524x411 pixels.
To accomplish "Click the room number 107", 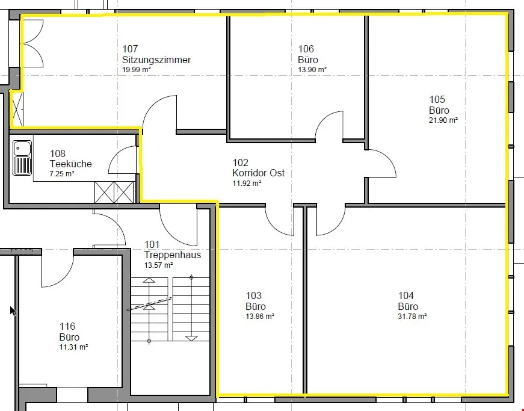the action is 130,49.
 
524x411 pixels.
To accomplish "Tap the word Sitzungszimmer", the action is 156,60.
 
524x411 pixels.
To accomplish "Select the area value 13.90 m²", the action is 312,70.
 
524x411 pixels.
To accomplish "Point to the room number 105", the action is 437,99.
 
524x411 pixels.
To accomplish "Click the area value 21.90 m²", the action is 443,120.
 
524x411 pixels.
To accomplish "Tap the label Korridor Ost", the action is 258,173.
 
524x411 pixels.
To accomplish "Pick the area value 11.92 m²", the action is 247,184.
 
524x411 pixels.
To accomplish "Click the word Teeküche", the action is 70,164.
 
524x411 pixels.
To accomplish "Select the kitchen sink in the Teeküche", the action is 22,158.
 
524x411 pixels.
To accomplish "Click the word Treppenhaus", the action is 173,255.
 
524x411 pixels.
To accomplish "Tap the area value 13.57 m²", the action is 158,265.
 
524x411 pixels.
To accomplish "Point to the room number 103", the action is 254,295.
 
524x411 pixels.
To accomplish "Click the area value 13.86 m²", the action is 260,317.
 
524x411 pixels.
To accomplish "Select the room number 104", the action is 406,295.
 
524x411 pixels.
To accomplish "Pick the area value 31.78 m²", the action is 412,317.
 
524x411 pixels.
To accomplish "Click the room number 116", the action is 67,326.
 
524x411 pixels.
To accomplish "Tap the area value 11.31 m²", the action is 73,347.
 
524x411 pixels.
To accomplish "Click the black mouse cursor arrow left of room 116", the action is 13,311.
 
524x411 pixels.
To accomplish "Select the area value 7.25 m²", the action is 62,174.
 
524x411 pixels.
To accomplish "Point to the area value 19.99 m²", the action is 137,70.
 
